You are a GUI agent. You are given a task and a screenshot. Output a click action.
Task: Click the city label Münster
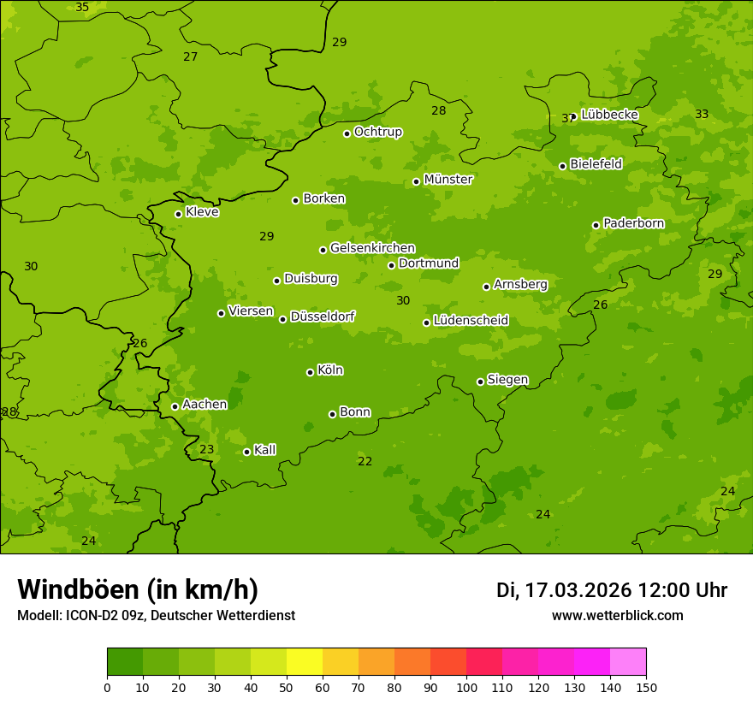pos(448,180)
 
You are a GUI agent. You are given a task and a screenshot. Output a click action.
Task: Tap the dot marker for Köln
pos(310,372)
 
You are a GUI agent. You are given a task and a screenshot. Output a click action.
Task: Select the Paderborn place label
pos(633,223)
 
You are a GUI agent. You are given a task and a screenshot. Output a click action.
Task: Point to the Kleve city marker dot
pos(178,214)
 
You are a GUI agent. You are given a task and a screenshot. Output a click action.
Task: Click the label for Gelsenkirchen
pos(372,248)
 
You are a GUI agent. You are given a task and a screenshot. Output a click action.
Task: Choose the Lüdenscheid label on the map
pos(471,321)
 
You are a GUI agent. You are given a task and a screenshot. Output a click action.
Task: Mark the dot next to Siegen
pos(480,382)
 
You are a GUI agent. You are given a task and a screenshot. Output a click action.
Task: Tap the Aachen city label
pos(205,405)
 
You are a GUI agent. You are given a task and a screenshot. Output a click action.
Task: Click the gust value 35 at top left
pos(82,8)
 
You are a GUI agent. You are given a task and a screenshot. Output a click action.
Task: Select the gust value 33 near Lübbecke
pos(702,115)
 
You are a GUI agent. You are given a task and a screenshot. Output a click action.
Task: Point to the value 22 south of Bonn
pos(365,462)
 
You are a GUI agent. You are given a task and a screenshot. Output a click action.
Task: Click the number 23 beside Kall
pos(207,450)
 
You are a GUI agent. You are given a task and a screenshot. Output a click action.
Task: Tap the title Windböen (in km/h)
pos(138,589)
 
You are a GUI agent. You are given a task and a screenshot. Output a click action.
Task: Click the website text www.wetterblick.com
pos(617,616)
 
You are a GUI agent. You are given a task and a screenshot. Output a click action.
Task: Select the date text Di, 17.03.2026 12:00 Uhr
pos(612,590)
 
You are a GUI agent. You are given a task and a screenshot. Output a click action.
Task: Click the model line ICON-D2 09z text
pos(156,616)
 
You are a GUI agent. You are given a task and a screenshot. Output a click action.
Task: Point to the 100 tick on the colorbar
pos(466,687)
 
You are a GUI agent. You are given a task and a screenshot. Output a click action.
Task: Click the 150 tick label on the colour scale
pos(646,687)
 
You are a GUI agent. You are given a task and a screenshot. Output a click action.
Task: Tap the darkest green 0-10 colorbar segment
pos(125,662)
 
